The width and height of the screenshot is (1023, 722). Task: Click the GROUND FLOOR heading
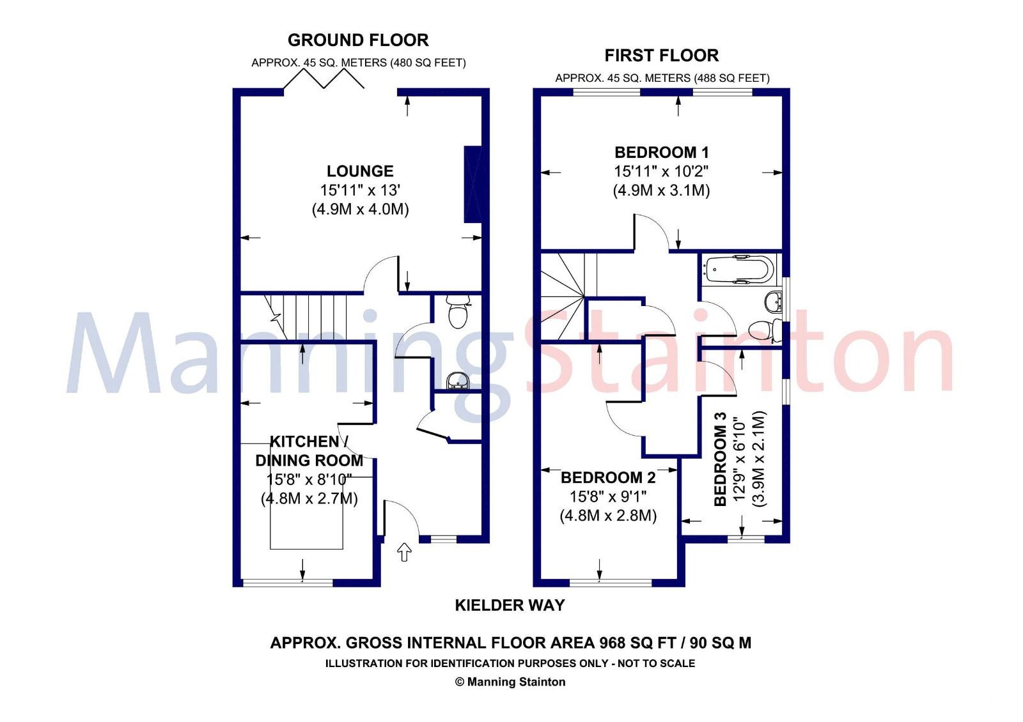point(358,40)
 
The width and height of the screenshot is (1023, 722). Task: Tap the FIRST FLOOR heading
point(661,56)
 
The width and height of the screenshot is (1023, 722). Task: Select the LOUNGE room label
point(360,171)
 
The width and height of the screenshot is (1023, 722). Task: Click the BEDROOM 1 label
point(661,153)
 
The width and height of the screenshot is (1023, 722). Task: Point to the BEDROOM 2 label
point(608,478)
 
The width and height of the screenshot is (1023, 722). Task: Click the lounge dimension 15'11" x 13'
point(360,190)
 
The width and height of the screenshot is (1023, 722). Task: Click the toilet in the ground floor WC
point(457,311)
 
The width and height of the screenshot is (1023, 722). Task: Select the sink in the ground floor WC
point(458,381)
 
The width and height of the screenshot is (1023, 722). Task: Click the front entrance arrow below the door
point(404,552)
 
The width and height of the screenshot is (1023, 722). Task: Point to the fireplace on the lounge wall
point(472,185)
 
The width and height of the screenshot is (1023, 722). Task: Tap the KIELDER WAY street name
point(510,605)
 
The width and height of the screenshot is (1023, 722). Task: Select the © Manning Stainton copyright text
point(510,682)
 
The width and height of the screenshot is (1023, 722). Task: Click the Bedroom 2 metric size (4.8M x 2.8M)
point(608,516)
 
